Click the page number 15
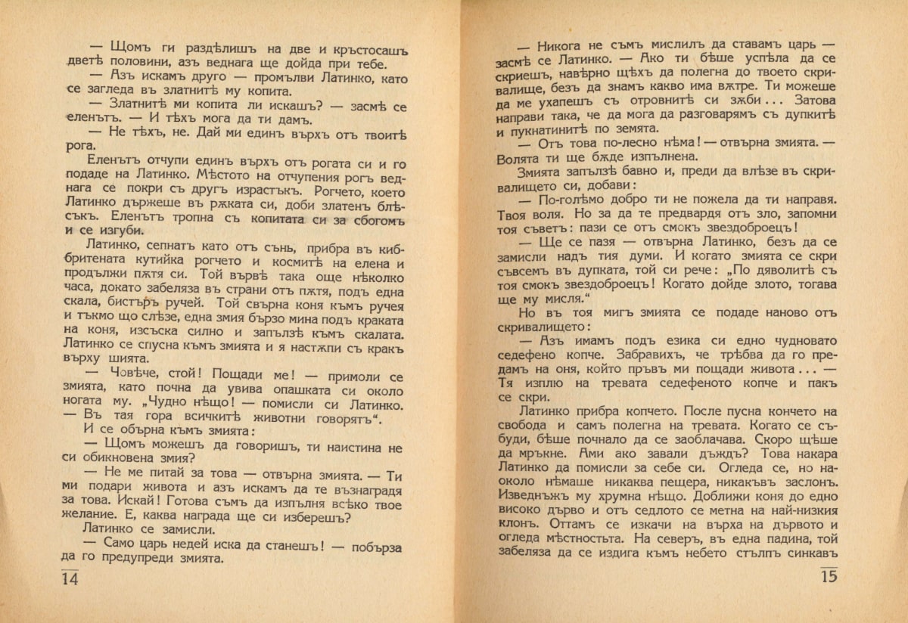pos(829,576)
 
